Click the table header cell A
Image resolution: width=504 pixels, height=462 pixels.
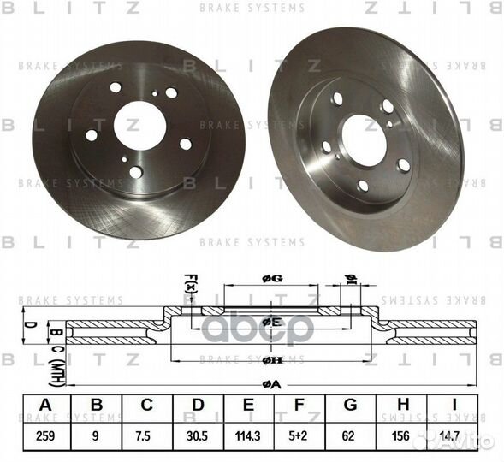45,406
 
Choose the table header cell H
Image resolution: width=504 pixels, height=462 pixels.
399,406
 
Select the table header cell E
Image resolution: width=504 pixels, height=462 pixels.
247,406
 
